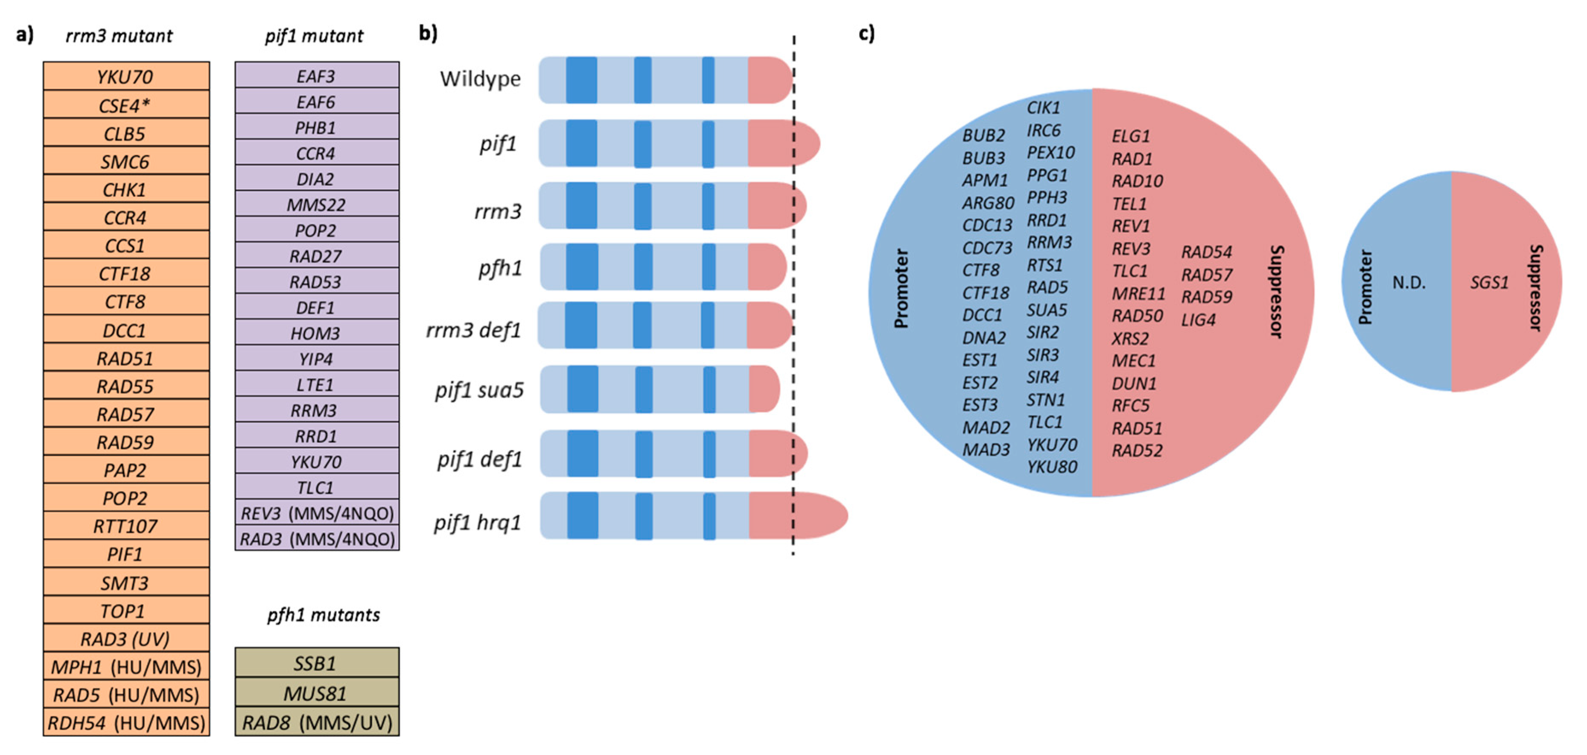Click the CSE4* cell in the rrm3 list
click(x=125, y=105)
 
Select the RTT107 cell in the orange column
click(x=125, y=526)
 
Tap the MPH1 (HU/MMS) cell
click(x=125, y=667)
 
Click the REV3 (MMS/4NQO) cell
click(x=317, y=513)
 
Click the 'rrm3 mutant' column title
click(x=119, y=36)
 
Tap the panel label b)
click(x=428, y=32)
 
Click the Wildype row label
click(x=480, y=79)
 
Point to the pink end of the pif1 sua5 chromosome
click(x=764, y=389)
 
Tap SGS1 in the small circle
click(x=1489, y=282)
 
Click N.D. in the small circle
click(x=1409, y=282)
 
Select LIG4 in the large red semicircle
click(x=1198, y=319)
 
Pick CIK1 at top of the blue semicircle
click(x=1043, y=107)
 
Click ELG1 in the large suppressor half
click(x=1130, y=136)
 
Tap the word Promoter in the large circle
click(x=901, y=288)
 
